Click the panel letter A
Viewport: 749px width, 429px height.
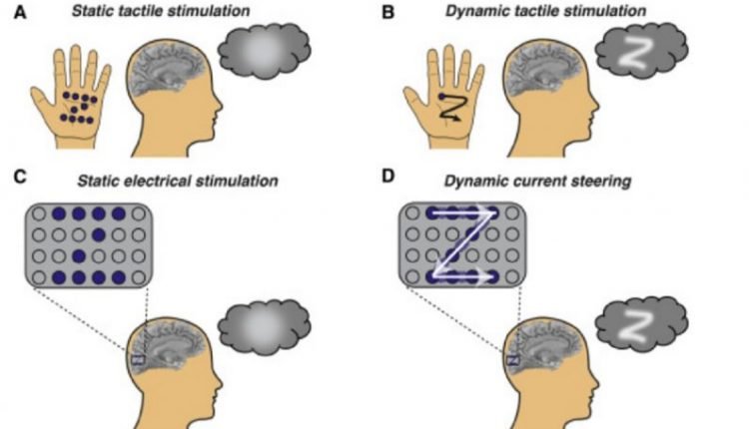click(x=20, y=12)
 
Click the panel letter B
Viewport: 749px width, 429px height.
click(x=387, y=12)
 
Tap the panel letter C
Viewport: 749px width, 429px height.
click(x=20, y=177)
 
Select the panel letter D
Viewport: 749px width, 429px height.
click(x=387, y=176)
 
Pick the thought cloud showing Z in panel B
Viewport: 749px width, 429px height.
click(x=641, y=51)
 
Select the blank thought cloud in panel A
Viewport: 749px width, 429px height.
click(x=265, y=51)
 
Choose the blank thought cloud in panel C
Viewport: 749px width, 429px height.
click(x=265, y=327)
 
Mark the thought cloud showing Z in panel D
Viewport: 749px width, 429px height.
click(x=641, y=325)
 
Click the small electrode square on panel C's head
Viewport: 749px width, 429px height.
click(x=138, y=359)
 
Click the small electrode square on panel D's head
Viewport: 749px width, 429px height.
click(x=512, y=359)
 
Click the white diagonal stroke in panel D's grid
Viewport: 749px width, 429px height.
click(x=465, y=244)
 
